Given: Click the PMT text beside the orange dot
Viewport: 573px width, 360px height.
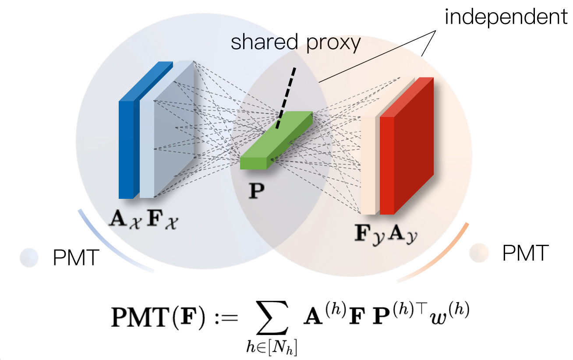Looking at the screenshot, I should pyautogui.click(x=525, y=253).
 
